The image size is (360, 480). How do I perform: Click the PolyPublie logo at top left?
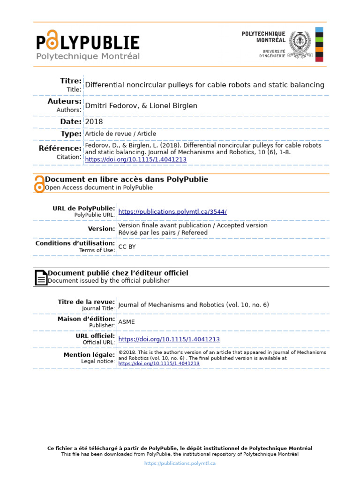(88, 45)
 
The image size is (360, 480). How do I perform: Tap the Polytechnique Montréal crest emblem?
(299, 45)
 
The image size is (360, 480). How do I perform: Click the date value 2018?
(94, 122)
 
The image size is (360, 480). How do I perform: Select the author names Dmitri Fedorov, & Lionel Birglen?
(141, 106)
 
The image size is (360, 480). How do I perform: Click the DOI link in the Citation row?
(135, 159)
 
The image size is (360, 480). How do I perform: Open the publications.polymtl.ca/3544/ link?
(172, 212)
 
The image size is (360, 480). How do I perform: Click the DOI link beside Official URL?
(169, 339)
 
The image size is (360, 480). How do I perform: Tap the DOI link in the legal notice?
(159, 363)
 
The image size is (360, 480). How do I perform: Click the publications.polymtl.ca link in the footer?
(180, 463)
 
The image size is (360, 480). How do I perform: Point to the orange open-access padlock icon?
(39, 184)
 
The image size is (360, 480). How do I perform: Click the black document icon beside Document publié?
(41, 277)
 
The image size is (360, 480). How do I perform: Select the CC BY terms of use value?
(127, 247)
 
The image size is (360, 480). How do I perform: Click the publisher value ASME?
(127, 322)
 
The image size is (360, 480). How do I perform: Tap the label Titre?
(71, 81)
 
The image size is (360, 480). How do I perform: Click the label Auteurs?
(64, 101)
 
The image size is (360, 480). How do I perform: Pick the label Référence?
(60, 149)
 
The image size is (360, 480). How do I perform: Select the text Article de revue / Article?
(120, 134)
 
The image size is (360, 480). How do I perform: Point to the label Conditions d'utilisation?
(75, 243)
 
